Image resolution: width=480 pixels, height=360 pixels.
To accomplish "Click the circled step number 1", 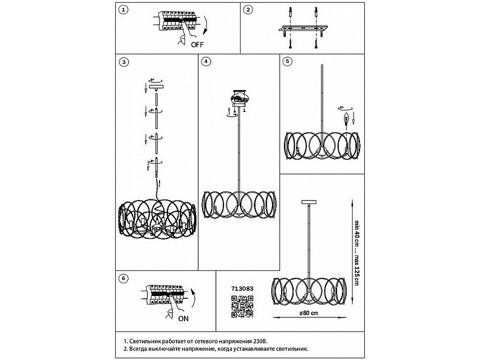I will coord(124,10).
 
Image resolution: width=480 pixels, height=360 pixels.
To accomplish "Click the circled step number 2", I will coord(247,10).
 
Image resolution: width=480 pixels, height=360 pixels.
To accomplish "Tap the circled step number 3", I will coord(124,62).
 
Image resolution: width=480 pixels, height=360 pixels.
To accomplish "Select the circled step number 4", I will coord(205,62).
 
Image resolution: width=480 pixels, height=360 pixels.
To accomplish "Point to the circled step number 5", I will coord(287,62).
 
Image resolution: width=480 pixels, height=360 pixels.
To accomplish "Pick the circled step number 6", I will coord(124,278).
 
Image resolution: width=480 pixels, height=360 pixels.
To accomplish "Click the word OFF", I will coord(197,45).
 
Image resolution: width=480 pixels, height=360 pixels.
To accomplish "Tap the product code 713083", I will coord(242,289).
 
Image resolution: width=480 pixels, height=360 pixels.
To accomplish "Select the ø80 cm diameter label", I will coord(309,314).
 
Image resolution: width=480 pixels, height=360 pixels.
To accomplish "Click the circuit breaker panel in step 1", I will coord(176,25).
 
